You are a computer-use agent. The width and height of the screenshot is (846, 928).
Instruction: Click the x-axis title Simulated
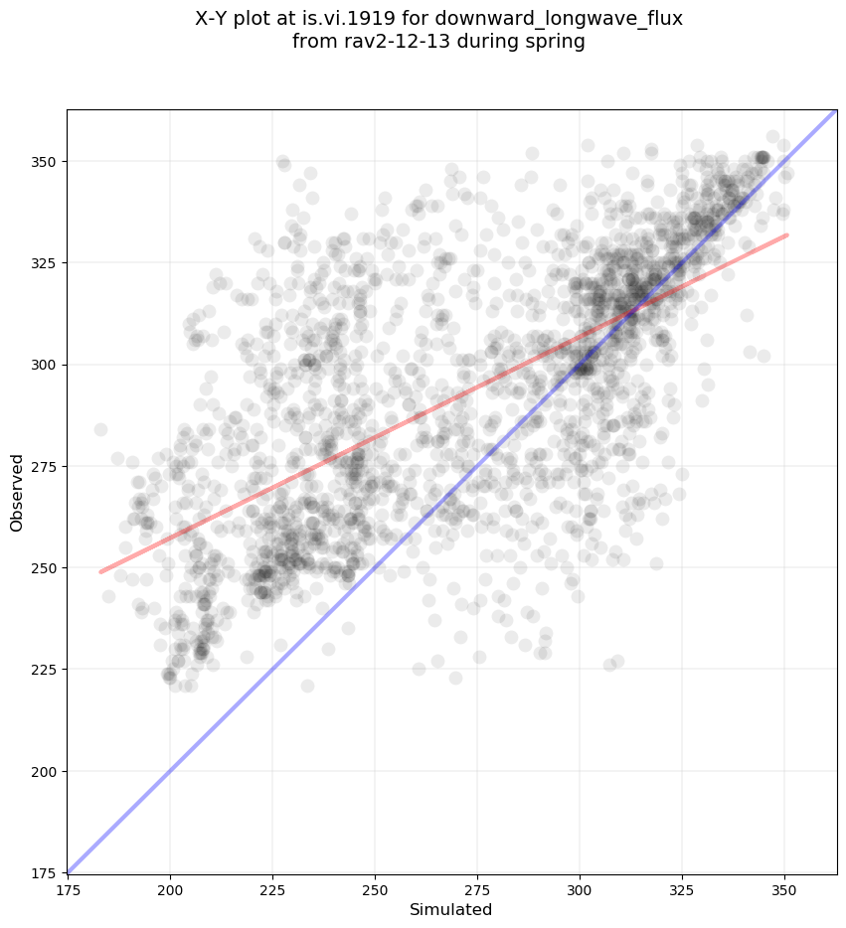[451, 909]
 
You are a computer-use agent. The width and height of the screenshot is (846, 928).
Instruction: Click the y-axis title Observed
[17, 492]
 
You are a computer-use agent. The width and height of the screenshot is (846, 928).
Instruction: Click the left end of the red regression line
[100, 571]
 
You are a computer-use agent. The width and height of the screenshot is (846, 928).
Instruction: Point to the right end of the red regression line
[787, 234]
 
